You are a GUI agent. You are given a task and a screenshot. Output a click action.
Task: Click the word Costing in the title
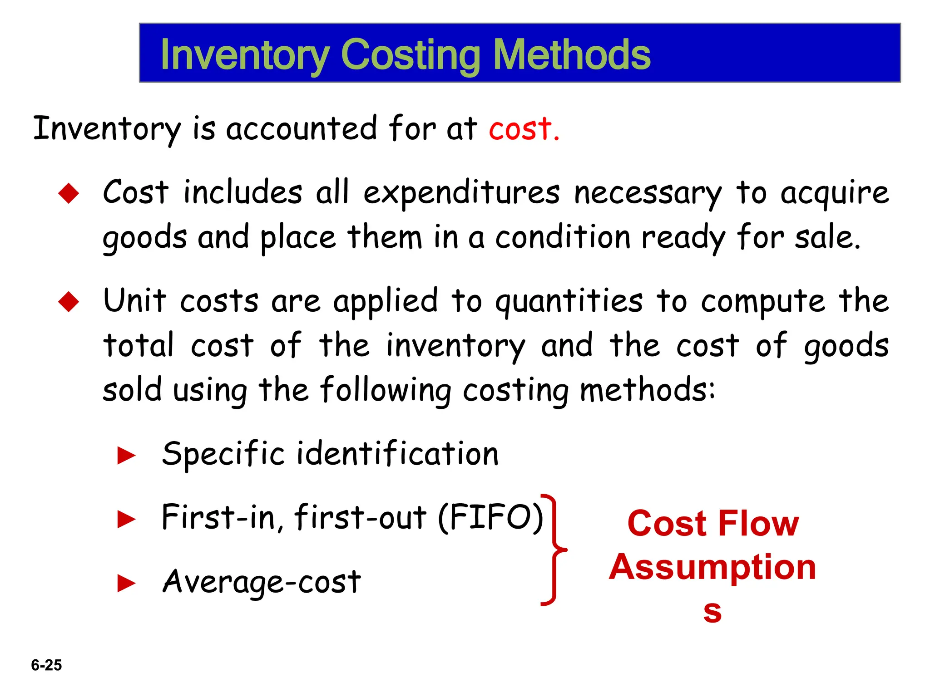pyautogui.click(x=410, y=55)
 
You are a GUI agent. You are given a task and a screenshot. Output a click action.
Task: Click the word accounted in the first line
pyautogui.click(x=302, y=129)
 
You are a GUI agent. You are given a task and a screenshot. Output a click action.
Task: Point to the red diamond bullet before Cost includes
pyautogui.click(x=69, y=193)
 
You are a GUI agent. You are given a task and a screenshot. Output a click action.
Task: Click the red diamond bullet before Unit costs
pyautogui.click(x=69, y=302)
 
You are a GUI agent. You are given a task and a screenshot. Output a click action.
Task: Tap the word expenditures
pyautogui.click(x=461, y=193)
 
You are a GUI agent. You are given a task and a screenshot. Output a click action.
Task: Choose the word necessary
pyautogui.click(x=647, y=193)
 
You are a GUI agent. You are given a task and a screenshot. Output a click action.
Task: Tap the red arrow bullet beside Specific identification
pyautogui.click(x=126, y=456)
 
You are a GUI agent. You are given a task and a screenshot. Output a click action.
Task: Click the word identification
pyautogui.click(x=398, y=454)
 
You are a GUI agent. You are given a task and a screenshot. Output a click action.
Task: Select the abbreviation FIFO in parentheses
pyautogui.click(x=490, y=518)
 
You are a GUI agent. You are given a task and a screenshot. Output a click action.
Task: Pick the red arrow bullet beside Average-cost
pyautogui.click(x=126, y=584)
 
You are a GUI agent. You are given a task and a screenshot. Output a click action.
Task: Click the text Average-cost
pyautogui.click(x=262, y=582)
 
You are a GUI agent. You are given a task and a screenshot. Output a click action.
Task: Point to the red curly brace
pyautogui.click(x=554, y=550)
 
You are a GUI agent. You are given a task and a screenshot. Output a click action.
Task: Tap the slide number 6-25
pyautogui.click(x=46, y=665)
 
